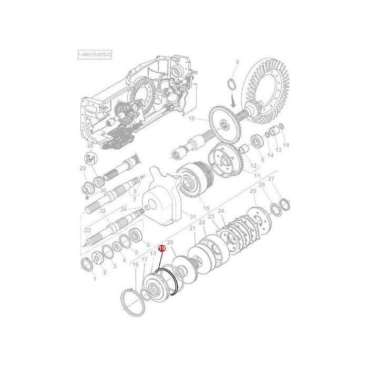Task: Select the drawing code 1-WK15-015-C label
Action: tap(95, 55)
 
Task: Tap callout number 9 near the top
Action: tap(237, 63)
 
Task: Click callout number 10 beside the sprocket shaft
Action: tap(191, 118)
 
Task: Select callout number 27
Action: tap(271, 180)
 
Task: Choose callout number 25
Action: tap(253, 191)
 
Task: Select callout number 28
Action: tap(90, 146)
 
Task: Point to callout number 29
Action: tap(83, 168)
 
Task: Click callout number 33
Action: tap(87, 230)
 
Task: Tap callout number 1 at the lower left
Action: tap(95, 279)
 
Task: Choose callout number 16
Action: tap(135, 265)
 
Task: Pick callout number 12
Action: tap(253, 166)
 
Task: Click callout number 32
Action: tap(103, 211)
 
